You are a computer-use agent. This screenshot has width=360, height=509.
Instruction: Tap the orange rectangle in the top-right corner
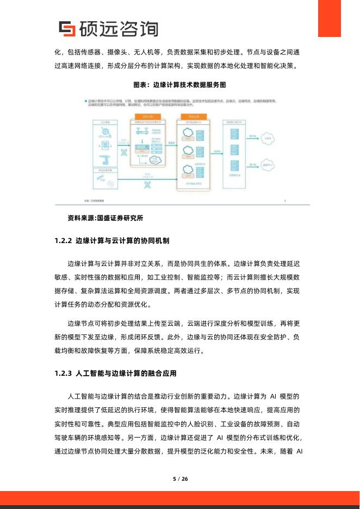(337, 18)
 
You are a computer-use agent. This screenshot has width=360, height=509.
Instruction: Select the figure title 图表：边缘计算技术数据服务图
(180, 85)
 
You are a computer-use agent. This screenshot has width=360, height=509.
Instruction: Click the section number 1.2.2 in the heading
(64, 240)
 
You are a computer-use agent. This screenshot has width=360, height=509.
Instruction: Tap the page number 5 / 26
(180, 479)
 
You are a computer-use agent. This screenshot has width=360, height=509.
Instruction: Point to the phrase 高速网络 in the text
(80, 66)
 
